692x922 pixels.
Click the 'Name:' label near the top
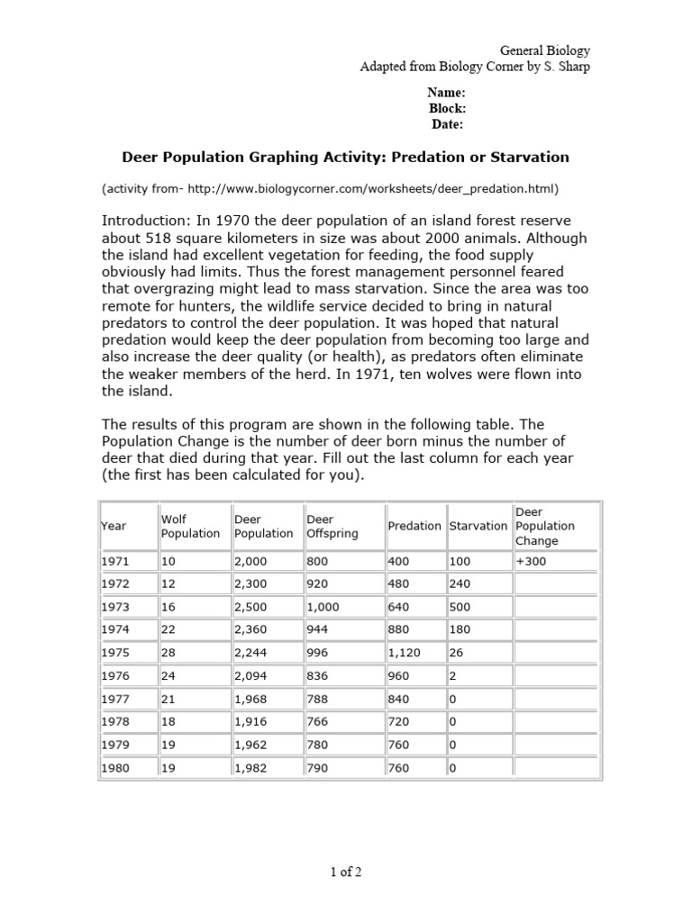click(x=446, y=93)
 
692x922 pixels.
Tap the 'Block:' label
click(x=446, y=109)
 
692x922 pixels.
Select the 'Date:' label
click(x=446, y=125)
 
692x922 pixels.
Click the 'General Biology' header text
click(x=545, y=51)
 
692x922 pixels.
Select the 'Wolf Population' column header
click(x=190, y=526)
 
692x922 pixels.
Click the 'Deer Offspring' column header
click(x=332, y=526)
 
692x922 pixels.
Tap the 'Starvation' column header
click(x=478, y=526)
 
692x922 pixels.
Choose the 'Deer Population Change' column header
click(x=544, y=526)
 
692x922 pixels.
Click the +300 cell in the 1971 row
click(x=532, y=561)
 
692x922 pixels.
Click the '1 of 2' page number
click(x=345, y=871)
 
